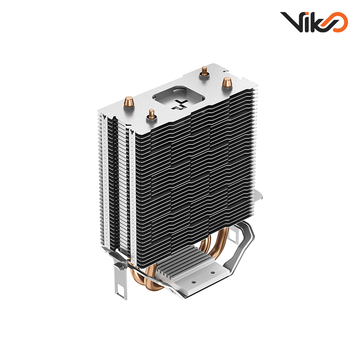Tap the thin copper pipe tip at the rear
pyautogui.click(x=204, y=70)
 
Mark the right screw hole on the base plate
pyautogui.click(x=212, y=273)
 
